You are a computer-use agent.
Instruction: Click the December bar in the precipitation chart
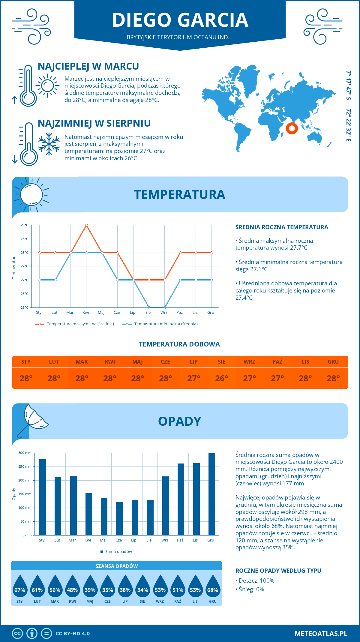point(211,494)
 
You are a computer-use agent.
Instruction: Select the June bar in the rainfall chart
point(119,519)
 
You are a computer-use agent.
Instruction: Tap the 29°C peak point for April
point(86,225)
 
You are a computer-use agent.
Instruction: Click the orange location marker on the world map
point(292,128)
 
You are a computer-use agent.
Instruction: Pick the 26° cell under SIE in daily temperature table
point(221,378)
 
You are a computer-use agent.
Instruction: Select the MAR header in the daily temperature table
point(82,362)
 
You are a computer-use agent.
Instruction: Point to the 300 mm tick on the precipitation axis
point(25,453)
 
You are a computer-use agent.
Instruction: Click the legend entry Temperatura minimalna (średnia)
point(166,324)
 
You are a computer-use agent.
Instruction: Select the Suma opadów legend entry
point(118,551)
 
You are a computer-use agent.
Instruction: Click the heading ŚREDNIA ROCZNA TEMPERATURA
point(282,227)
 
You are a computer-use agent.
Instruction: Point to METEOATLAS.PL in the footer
point(321,634)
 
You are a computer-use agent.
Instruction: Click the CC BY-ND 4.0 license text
point(73,634)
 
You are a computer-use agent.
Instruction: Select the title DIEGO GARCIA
point(180,20)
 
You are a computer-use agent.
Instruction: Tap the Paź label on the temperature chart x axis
point(179,312)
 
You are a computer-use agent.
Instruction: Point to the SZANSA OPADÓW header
point(117,566)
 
